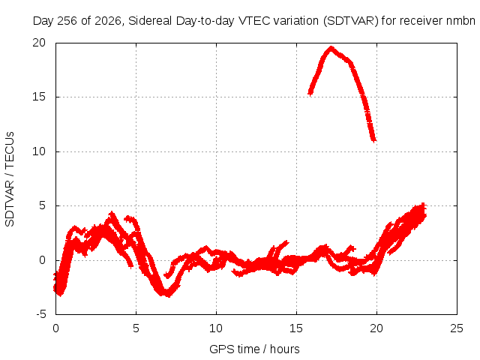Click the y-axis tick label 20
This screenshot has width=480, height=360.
[x=39, y=43]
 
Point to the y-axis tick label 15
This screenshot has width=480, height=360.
[x=39, y=97]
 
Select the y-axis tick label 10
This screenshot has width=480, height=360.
[x=39, y=151]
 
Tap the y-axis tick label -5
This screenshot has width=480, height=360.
[x=40, y=314]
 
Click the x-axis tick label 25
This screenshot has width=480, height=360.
[x=457, y=328]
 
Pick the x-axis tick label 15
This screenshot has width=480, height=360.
[x=296, y=328]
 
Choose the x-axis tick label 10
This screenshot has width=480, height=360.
[x=216, y=328]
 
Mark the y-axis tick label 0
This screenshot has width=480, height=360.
[x=42, y=260]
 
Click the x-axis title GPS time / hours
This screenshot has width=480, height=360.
[x=254, y=349]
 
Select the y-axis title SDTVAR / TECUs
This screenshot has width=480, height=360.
[x=10, y=179]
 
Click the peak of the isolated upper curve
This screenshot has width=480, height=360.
[x=331, y=48]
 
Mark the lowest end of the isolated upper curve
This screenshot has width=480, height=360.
[x=373, y=140]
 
